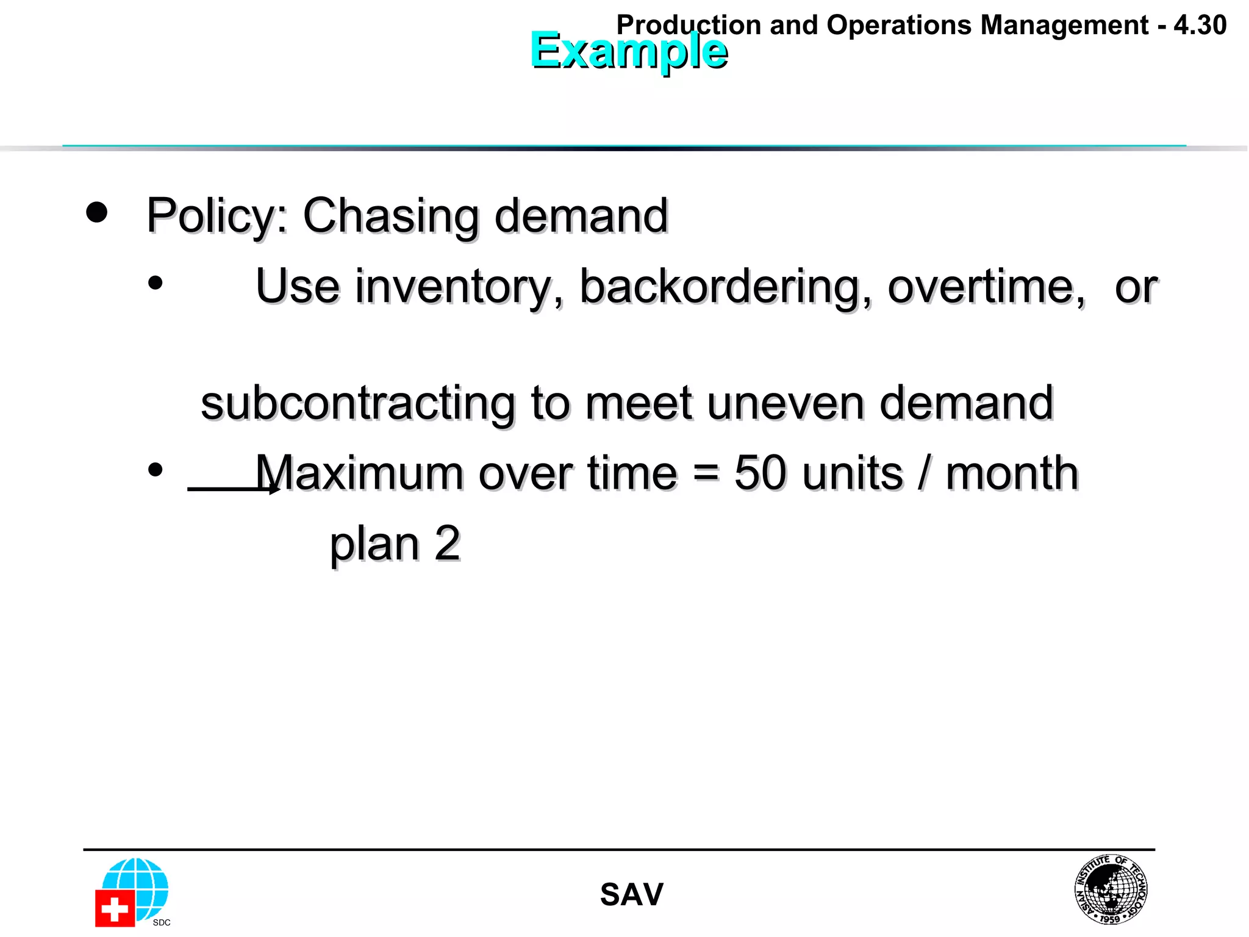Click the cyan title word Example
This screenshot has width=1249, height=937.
[x=628, y=51]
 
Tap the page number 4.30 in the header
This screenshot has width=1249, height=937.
[x=1200, y=25]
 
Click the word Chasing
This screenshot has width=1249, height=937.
[x=391, y=217]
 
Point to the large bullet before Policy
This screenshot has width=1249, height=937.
[x=96, y=212]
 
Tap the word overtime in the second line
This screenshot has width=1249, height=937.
[x=986, y=287]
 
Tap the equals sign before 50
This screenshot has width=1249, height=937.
[x=706, y=473]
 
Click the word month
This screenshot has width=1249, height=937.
[x=1012, y=473]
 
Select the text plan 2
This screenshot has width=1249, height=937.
[x=395, y=544]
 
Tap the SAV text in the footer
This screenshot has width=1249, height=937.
[x=631, y=895]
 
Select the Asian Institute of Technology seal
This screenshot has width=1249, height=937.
[x=1111, y=889]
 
